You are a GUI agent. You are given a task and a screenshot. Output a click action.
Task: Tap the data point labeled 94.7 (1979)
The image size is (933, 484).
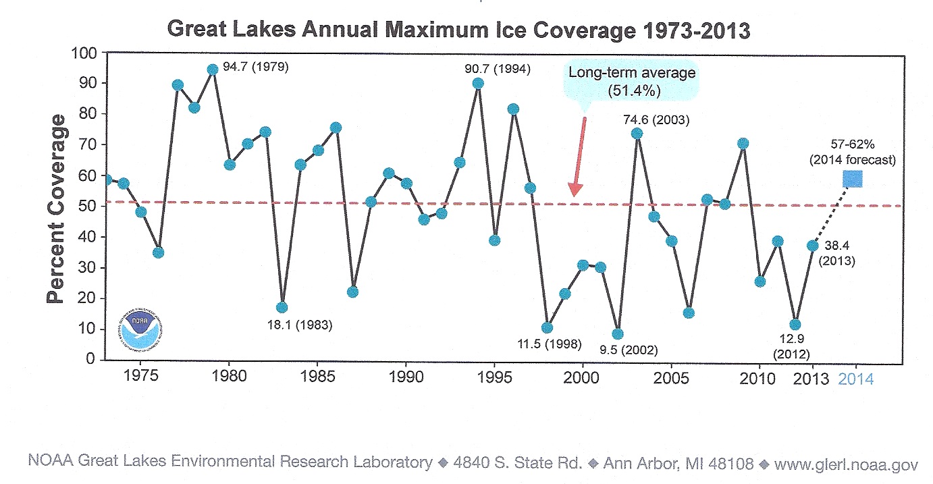tap(213, 70)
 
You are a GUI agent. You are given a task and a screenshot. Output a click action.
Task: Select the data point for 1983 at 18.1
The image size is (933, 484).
tap(282, 308)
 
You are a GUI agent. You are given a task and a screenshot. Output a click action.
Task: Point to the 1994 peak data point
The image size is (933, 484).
tap(478, 84)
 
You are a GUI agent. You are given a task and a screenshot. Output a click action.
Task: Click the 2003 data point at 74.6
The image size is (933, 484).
tap(637, 134)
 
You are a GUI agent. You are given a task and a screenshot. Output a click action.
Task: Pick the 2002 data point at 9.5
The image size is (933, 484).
tap(618, 333)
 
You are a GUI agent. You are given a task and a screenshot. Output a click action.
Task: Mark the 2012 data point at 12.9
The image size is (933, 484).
tap(795, 325)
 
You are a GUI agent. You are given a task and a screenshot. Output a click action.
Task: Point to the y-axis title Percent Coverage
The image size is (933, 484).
tap(57, 209)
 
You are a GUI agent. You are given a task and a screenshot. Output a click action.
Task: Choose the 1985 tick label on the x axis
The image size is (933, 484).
tap(317, 378)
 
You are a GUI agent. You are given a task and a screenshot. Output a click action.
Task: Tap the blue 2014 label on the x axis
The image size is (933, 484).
tap(855, 379)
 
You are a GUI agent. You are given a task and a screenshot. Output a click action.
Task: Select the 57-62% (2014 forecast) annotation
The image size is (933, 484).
tap(853, 153)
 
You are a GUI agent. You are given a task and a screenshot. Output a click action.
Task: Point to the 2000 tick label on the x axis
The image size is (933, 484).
tap(582, 378)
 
